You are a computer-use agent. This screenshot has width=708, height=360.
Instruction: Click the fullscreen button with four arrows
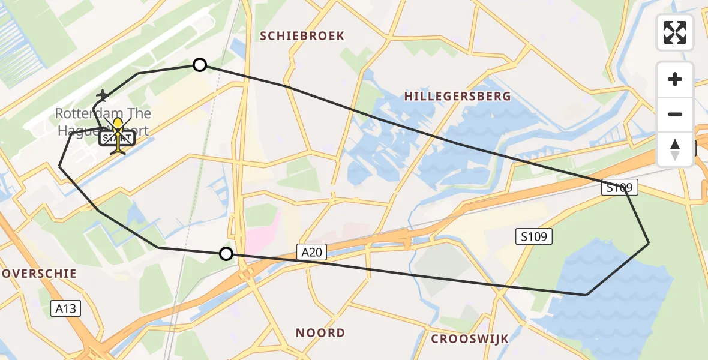tap(675, 32)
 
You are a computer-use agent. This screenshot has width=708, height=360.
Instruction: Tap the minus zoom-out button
tap(675, 115)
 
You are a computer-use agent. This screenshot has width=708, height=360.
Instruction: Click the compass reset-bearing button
tap(675, 149)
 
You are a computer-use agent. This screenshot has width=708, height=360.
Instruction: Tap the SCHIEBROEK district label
tap(302, 36)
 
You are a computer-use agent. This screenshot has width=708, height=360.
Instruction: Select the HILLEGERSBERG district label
tap(457, 96)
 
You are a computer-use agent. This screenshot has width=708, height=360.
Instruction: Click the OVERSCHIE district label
tap(39, 274)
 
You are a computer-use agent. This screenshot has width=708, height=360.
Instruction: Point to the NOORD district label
tap(320, 332)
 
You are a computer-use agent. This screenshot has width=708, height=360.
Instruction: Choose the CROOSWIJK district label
tap(470, 339)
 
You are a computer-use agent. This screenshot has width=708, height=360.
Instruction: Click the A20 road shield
tap(311, 253)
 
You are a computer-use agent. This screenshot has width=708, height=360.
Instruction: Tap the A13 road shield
tap(65, 308)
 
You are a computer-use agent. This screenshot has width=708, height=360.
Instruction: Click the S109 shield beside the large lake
tap(533, 236)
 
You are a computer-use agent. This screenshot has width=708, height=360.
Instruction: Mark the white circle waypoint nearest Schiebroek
tap(200, 65)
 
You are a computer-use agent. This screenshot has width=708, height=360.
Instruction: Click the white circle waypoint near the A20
tap(226, 254)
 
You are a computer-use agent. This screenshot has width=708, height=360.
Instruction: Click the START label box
tap(118, 139)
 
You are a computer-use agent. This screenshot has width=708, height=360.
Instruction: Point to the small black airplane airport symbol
tap(103, 95)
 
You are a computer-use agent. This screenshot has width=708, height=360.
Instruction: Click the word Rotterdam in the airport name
tap(89, 113)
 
